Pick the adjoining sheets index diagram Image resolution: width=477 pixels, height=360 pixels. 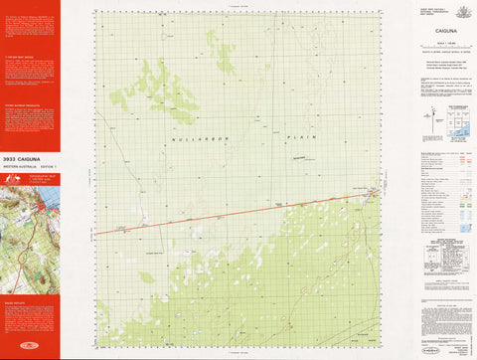[x=459, y=121]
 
